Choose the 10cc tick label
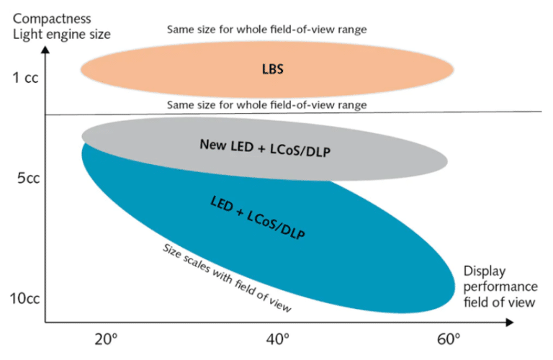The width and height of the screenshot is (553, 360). point(25,297)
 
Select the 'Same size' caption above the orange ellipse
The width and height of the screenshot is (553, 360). point(267,30)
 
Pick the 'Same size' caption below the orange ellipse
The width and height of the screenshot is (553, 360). point(267,105)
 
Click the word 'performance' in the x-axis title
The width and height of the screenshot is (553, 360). point(497,287)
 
